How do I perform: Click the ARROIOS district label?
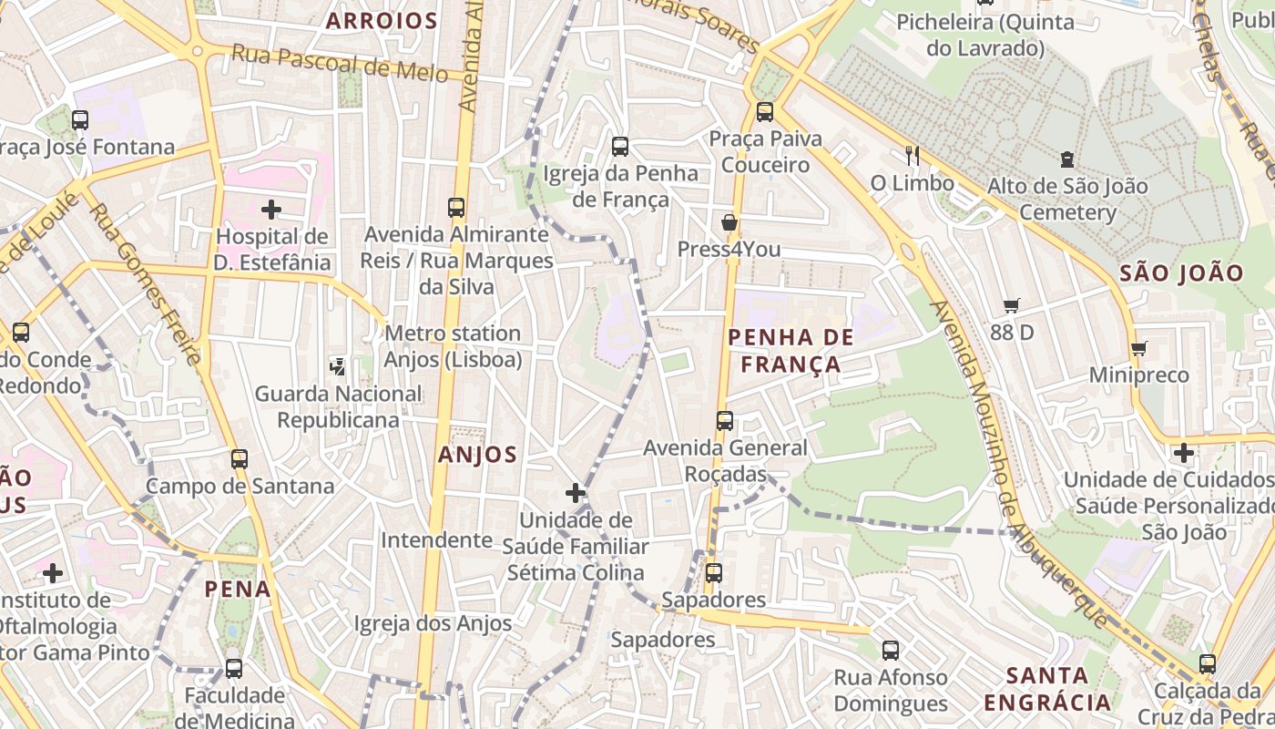pyautogui.click(x=382, y=20)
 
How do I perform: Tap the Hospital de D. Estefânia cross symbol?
pyautogui.click(x=270, y=210)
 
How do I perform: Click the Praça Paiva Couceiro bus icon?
pyautogui.click(x=765, y=112)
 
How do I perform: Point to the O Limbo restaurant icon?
pyautogui.click(x=913, y=157)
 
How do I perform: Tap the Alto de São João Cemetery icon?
pyautogui.click(x=1066, y=159)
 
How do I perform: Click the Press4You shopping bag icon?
pyautogui.click(x=729, y=222)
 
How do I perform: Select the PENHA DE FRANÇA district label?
pyautogui.click(x=790, y=351)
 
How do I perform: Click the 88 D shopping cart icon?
pyautogui.click(x=1011, y=305)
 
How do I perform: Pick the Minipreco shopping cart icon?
pyautogui.click(x=1138, y=348)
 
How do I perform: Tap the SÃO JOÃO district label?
pyautogui.click(x=1181, y=272)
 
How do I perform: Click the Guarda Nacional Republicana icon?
pyautogui.click(x=338, y=366)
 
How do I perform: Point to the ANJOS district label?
pyautogui.click(x=477, y=454)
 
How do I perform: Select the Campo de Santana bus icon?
pyautogui.click(x=240, y=459)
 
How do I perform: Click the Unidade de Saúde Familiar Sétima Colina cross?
pyautogui.click(x=575, y=493)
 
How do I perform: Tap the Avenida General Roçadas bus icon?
pyautogui.click(x=725, y=421)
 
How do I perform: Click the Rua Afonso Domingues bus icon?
pyautogui.click(x=891, y=651)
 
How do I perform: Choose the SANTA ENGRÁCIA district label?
pyautogui.click(x=1047, y=689)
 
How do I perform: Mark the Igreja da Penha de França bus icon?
pyautogui.click(x=620, y=146)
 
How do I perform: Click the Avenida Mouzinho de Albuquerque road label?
pyautogui.click(x=1020, y=465)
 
